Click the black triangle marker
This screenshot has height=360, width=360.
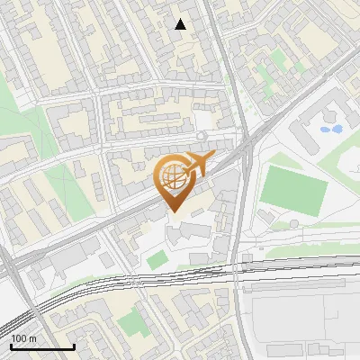[181, 24]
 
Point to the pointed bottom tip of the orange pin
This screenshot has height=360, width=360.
[174, 212]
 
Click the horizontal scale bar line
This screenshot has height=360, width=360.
[42, 346]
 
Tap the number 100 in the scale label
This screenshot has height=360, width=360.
[19, 338]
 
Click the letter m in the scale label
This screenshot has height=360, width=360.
[32, 338]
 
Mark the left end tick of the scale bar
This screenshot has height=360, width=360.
[11, 345]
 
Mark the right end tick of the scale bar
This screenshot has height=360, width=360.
[74, 345]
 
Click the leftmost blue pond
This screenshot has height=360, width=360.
[325, 130]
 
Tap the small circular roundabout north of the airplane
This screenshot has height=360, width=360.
[202, 136]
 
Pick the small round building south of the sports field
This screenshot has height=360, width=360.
[293, 224]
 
